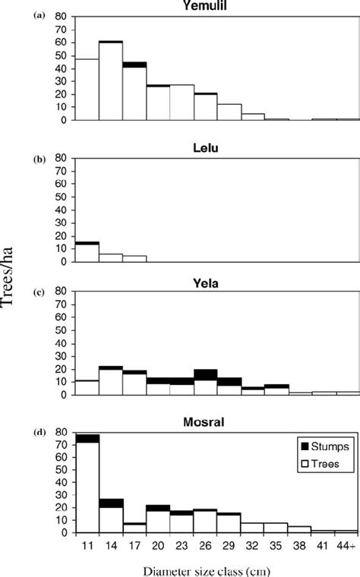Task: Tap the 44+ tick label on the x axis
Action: point(347,544)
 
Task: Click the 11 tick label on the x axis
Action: point(87,544)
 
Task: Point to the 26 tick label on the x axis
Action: point(205,544)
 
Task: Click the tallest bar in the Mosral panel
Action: point(87,486)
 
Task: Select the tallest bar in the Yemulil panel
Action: point(111,80)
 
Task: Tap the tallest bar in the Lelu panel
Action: point(87,252)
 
